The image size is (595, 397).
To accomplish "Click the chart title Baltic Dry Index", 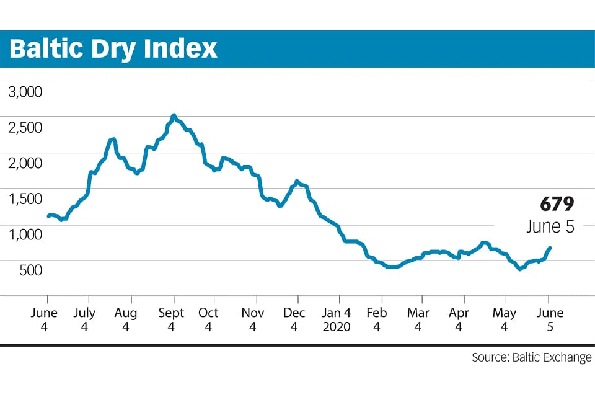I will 113,48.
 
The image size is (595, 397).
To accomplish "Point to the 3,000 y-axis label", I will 25,92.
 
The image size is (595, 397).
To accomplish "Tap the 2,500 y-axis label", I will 25,128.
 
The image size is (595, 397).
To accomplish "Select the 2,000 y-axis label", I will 25,163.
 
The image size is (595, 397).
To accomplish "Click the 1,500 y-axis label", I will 25,199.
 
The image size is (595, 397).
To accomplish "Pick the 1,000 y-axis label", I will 25,234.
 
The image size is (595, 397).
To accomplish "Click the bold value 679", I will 557,205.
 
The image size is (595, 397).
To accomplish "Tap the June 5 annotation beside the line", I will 550,226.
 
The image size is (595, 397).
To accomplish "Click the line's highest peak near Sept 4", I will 174,115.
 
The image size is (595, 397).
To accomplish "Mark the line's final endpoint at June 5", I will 550,248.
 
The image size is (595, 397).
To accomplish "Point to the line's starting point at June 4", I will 48,216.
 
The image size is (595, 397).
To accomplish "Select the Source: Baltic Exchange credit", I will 531,358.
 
